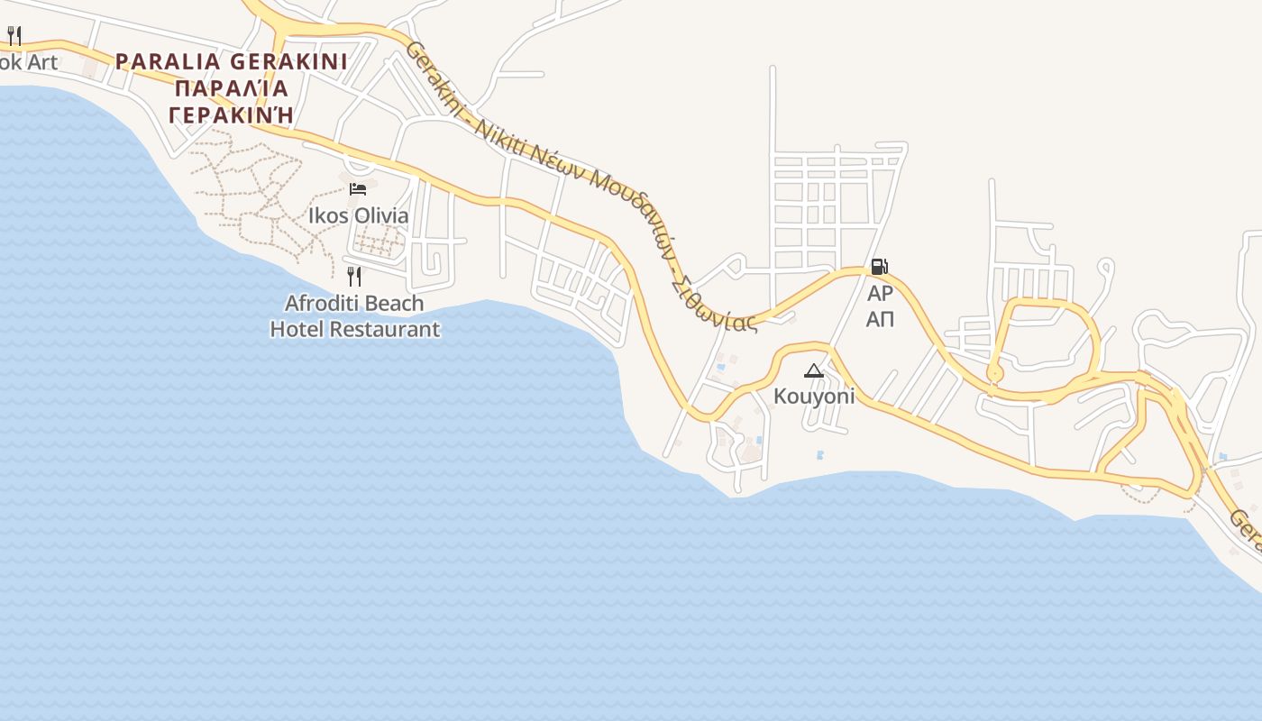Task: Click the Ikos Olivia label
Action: [358, 216]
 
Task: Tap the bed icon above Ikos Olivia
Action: [358, 188]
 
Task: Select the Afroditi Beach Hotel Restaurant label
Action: [354, 316]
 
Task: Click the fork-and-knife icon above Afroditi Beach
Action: [354, 276]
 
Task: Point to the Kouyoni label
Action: [814, 397]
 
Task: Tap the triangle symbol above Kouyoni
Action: [814, 370]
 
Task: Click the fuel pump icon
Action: [879, 267]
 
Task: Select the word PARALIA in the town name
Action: [168, 62]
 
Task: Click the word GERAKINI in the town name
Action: [288, 62]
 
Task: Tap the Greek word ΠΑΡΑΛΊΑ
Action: [232, 88]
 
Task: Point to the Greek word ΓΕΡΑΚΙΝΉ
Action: [232, 115]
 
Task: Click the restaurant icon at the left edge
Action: [14, 35]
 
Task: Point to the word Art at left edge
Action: [41, 62]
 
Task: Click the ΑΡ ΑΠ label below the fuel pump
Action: [880, 306]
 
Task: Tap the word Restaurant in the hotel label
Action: [385, 330]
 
